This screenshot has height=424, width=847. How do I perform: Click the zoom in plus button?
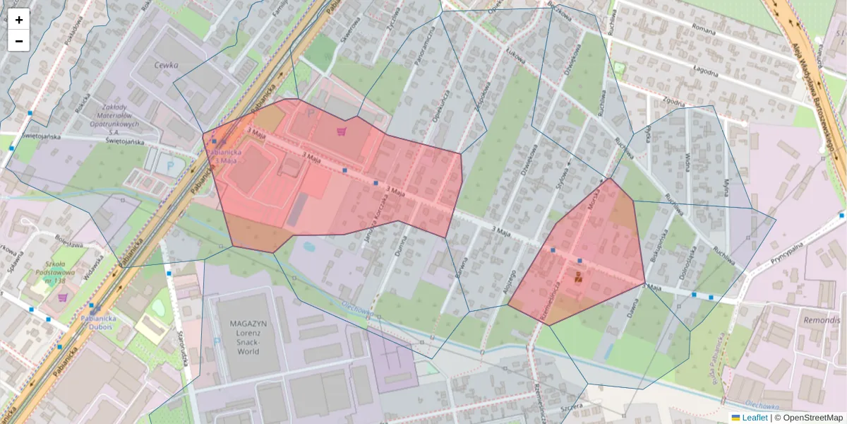(19, 20)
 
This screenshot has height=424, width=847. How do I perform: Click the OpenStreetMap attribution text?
(811, 418)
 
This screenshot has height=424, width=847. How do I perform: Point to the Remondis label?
(822, 319)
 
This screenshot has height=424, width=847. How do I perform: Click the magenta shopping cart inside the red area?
(342, 131)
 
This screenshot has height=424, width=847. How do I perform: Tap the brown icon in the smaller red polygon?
(579, 276)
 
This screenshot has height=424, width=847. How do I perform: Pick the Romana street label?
(704, 31)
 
